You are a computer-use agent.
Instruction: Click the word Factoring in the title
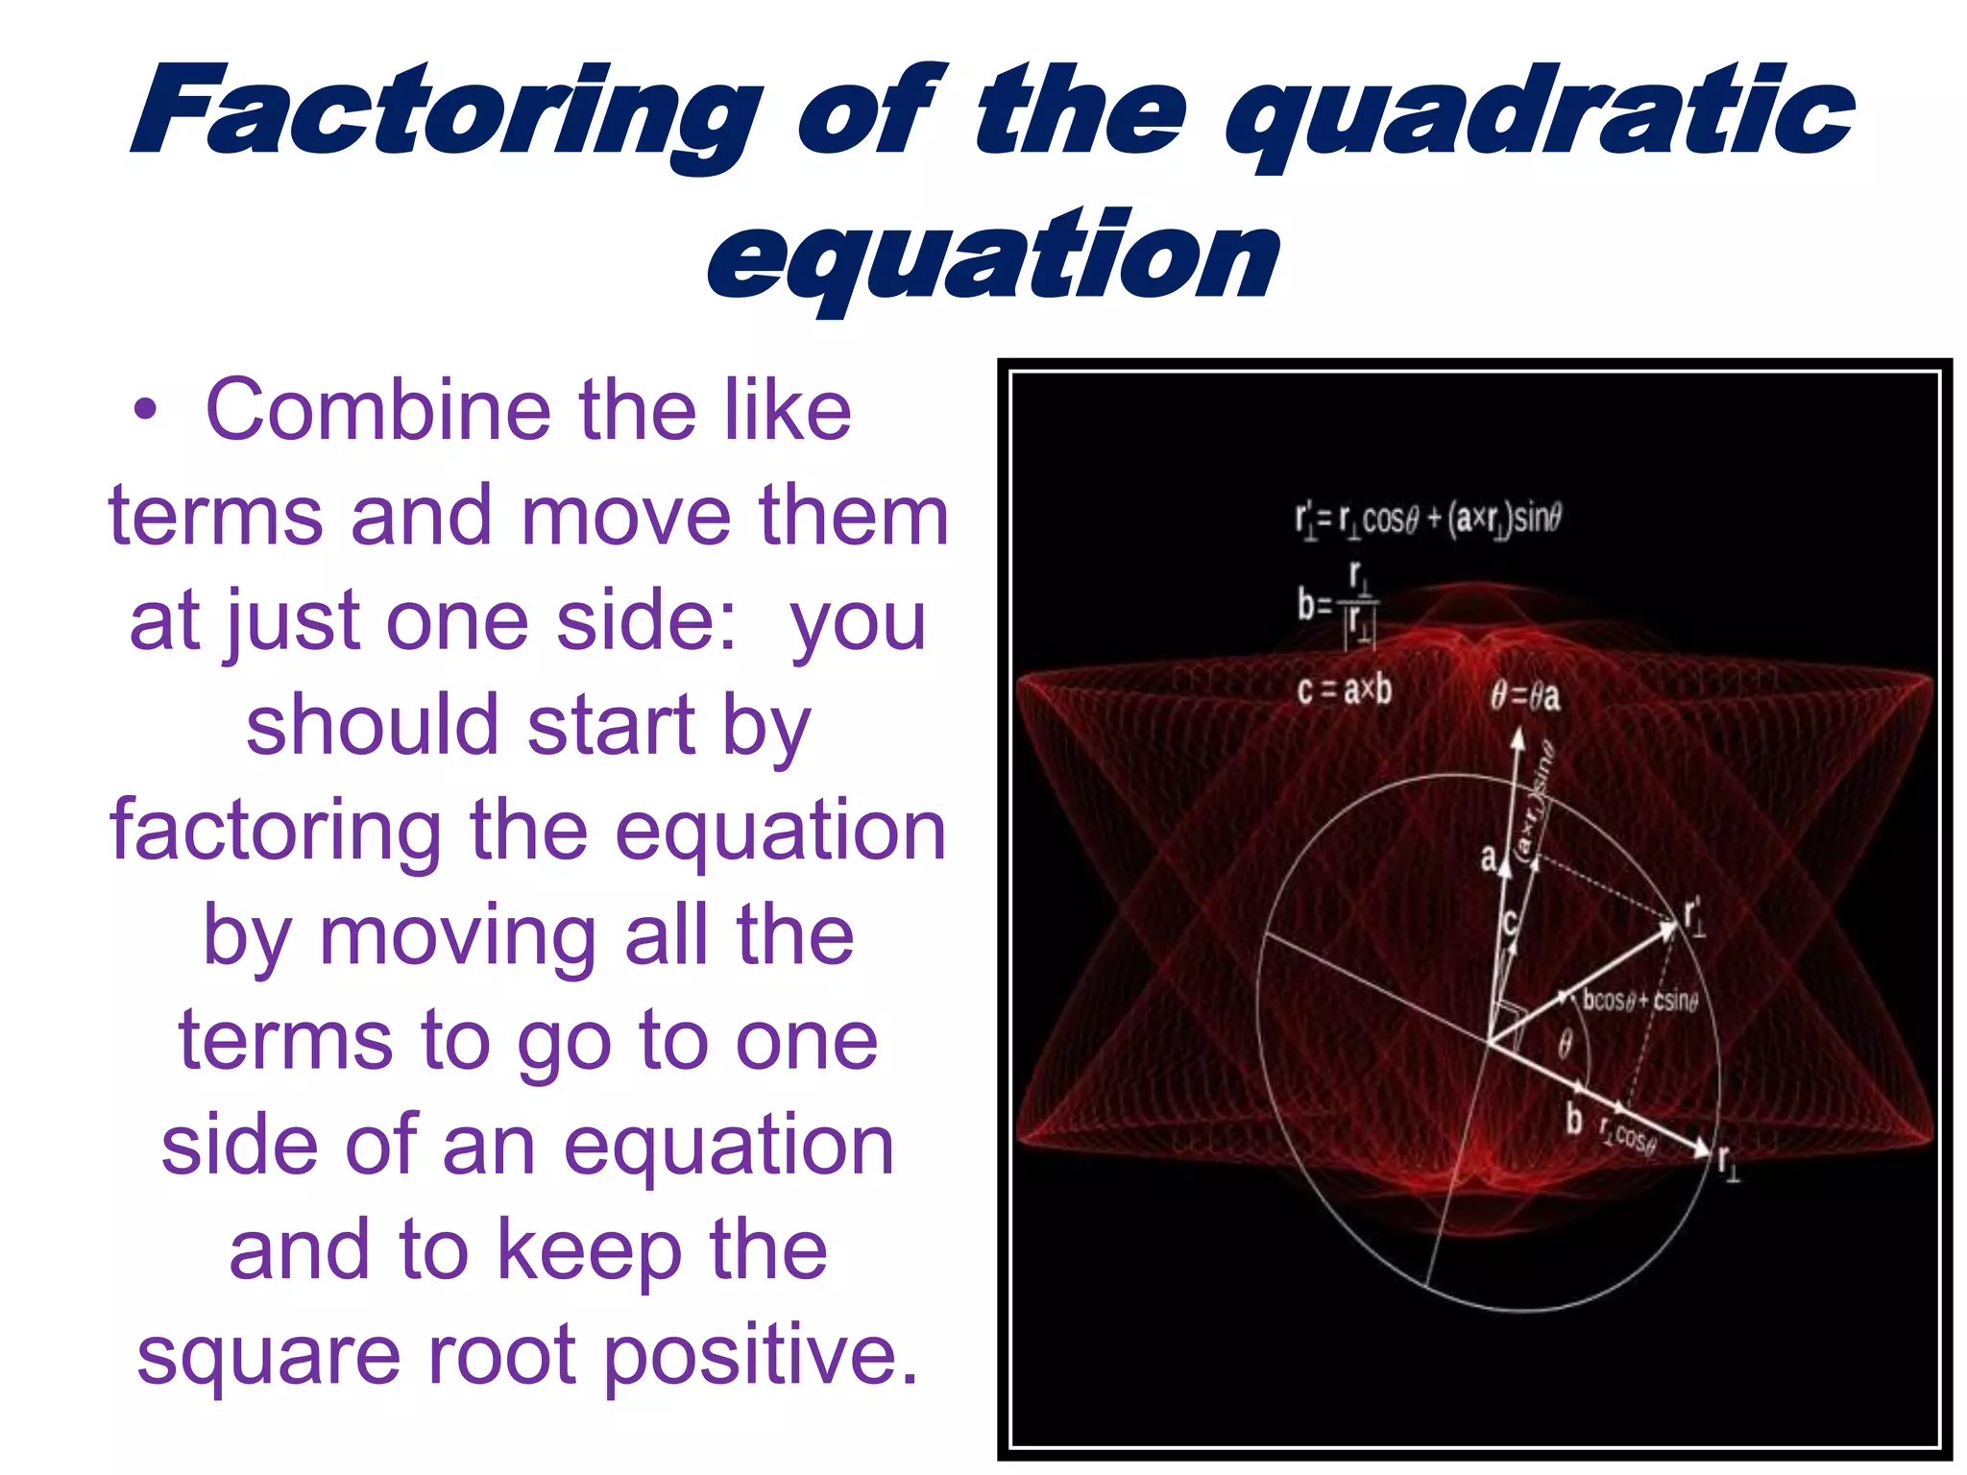pos(448,113)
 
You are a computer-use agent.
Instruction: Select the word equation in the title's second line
pos(993,257)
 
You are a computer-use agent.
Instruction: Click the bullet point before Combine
pos(145,411)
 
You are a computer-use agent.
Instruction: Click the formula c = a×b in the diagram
pos(1343,689)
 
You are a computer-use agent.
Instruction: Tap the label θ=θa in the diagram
pos(1525,696)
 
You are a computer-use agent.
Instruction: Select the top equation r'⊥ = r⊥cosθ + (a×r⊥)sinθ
pos(1427,520)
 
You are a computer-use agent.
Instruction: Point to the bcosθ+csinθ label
pos(1639,1001)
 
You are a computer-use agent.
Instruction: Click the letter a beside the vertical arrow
pos(1488,857)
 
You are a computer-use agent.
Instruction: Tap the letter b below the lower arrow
pos(1573,1120)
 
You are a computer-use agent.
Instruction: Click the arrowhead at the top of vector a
pos(1518,738)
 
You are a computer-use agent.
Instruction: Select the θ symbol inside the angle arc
pos(1565,1043)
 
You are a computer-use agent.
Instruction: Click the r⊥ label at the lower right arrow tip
pos(1727,1163)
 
